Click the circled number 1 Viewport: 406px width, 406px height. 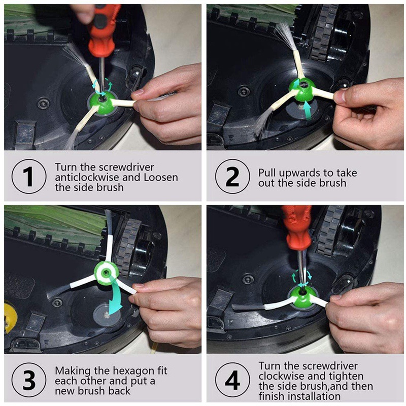click(29, 176)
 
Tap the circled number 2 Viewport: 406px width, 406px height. click(232, 176)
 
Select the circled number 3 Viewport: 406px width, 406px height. click(29, 380)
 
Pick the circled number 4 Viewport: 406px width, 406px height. click(232, 380)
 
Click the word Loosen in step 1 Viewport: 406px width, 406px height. click(161, 177)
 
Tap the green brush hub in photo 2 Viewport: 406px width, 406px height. click(301, 90)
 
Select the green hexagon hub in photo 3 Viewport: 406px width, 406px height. click(107, 273)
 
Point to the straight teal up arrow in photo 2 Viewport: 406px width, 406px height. click(308, 110)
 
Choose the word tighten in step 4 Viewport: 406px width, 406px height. click(347, 377)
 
